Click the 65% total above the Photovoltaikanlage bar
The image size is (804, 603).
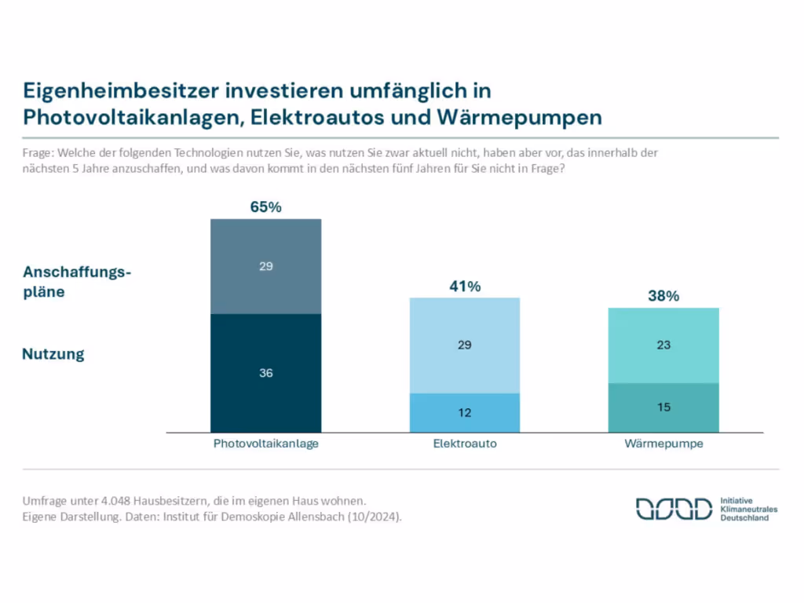tap(265, 207)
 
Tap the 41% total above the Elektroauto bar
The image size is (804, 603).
tap(465, 287)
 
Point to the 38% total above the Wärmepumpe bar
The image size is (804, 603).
tap(663, 296)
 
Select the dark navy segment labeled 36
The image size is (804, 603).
tap(265, 373)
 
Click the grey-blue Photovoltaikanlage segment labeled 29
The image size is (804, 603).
tap(265, 266)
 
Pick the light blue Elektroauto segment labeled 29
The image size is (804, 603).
tap(465, 345)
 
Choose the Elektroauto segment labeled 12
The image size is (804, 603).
tap(465, 412)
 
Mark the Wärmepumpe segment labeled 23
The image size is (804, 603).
tap(663, 345)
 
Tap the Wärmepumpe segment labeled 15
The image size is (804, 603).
tap(663, 407)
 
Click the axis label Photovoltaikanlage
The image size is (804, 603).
tap(265, 444)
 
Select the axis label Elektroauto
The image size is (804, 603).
tap(465, 444)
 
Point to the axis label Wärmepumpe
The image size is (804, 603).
tap(663, 444)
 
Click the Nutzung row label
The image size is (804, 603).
tap(53, 354)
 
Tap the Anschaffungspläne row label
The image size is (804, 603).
tap(76, 282)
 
